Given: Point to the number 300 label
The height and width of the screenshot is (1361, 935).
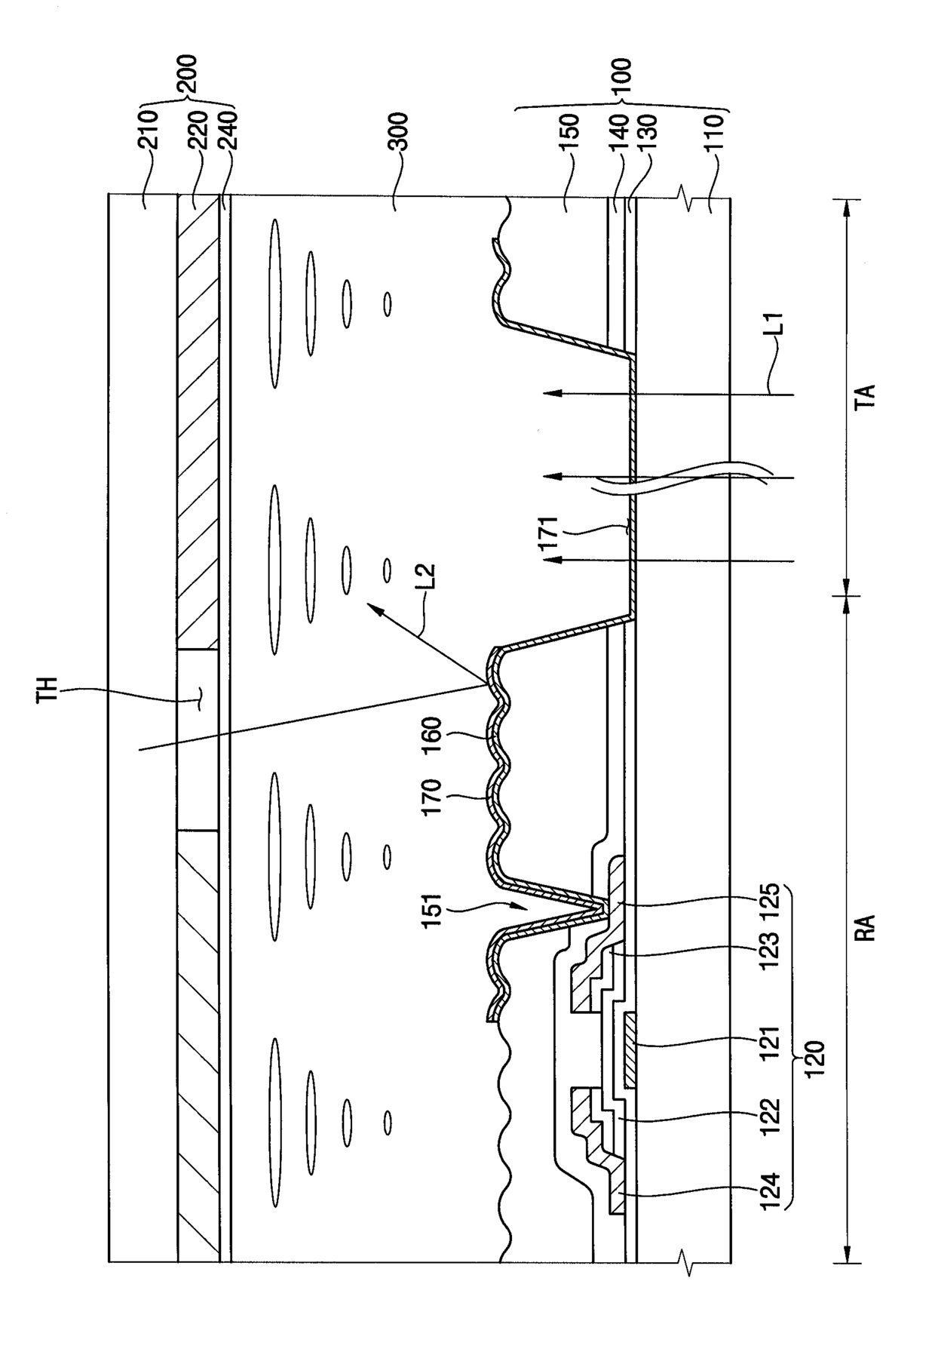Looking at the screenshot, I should point(397,133).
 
